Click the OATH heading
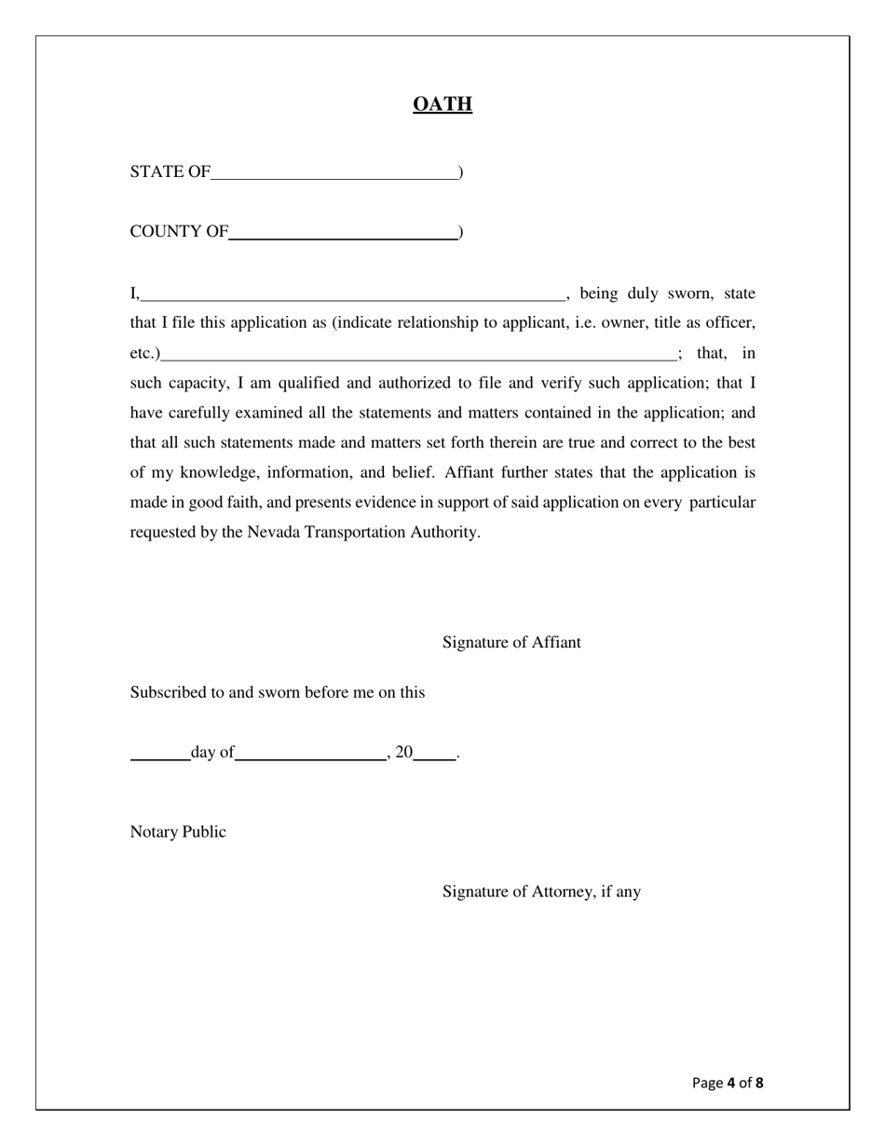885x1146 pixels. (x=442, y=103)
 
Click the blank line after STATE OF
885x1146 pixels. (x=334, y=173)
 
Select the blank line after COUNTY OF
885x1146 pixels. (x=343, y=234)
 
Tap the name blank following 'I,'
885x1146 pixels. (x=352, y=295)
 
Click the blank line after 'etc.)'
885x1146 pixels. (x=418, y=355)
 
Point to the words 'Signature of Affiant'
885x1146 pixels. (x=511, y=642)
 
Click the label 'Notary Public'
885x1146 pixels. (x=178, y=832)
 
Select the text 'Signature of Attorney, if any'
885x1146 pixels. (x=541, y=892)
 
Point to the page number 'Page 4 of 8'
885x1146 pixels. (x=728, y=1083)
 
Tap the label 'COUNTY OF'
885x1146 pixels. (x=179, y=232)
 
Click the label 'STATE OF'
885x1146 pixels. (x=170, y=172)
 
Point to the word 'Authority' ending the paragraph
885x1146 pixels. (x=444, y=533)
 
